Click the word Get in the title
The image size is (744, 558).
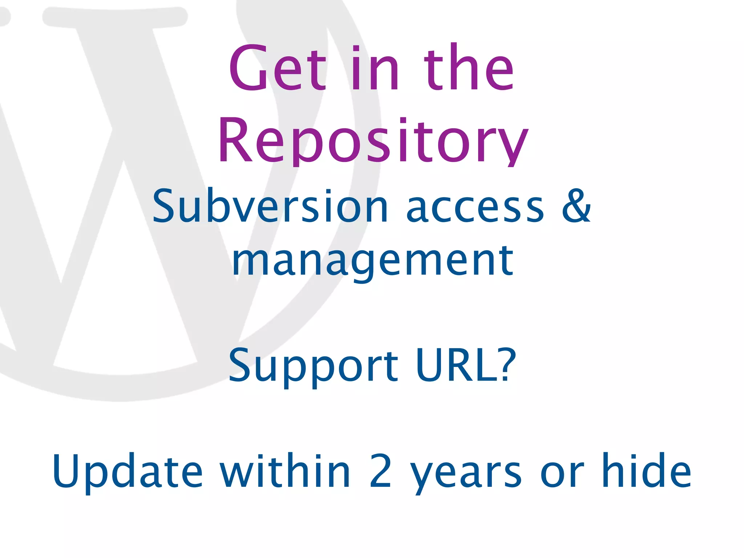[x=278, y=68]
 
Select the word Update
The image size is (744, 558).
[x=127, y=471]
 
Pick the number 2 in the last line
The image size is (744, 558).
[x=380, y=471]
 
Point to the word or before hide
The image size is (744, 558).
[x=562, y=474]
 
